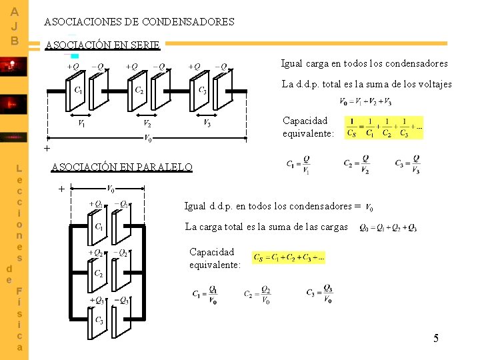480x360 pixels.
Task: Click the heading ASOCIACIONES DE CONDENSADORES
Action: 139,22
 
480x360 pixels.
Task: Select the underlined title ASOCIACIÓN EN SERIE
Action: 102,46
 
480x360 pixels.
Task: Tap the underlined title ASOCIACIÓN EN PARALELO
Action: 122,167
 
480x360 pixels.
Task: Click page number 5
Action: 436,339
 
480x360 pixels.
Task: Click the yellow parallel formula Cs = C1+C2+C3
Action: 289,257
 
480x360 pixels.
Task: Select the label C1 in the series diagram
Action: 79,90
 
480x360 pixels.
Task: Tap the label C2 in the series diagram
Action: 139,90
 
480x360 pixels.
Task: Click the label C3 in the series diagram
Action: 202,90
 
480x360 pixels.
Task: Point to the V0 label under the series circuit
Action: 148,138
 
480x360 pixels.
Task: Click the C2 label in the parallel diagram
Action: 98,274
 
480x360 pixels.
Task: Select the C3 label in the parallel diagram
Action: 98,321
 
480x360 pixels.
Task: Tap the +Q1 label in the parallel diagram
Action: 96,204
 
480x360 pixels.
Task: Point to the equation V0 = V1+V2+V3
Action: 366,101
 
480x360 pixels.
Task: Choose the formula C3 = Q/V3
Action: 408,164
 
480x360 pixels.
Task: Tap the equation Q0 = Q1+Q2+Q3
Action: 389,228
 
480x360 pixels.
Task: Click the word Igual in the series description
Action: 292,64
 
